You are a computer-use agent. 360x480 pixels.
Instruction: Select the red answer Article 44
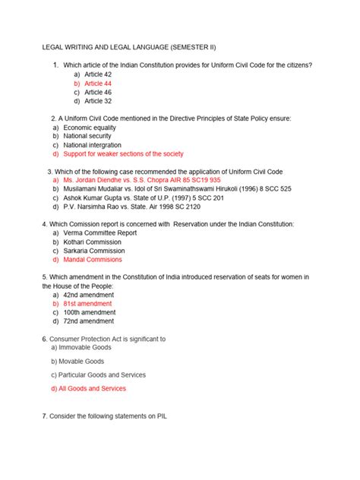[98, 84]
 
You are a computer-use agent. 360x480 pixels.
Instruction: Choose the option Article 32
[98, 100]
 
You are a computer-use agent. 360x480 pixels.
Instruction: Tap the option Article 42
[98, 75]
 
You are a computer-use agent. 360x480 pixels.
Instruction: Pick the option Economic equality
[91, 128]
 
